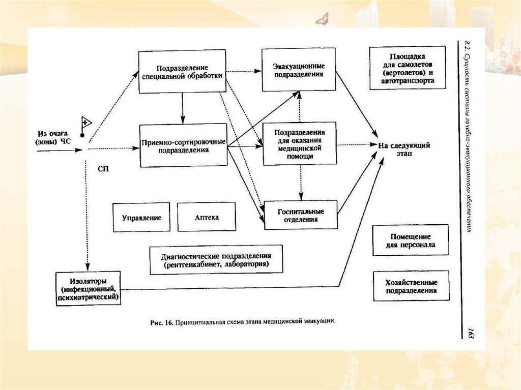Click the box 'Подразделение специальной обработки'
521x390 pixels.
tap(182, 71)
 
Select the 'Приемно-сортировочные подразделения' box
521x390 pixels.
tap(183, 145)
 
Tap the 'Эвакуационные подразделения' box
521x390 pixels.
tap(299, 70)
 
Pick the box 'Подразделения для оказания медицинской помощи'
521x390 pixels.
tap(300, 143)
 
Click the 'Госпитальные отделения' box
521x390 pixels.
tap(301, 215)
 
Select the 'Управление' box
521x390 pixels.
tap(141, 217)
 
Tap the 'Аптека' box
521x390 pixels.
tap(207, 217)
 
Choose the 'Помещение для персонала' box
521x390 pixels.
tap(411, 241)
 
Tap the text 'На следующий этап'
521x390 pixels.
tap(404, 149)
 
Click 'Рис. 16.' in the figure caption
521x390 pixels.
tap(162, 322)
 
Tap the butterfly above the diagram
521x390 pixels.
tap(322, 19)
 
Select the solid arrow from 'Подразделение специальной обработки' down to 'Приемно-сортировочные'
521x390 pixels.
tap(182, 108)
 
